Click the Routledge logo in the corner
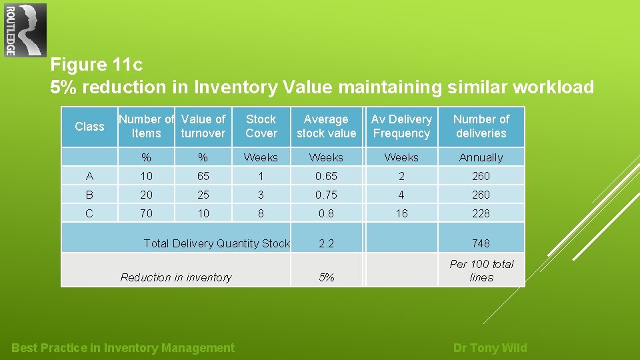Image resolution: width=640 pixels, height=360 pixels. (x=25, y=30)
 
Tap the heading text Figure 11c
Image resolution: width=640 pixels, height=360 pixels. (x=97, y=65)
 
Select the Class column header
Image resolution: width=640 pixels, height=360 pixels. (x=89, y=127)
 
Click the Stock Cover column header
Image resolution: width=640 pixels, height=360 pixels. (x=261, y=126)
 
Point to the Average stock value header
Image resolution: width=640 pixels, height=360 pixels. (x=326, y=126)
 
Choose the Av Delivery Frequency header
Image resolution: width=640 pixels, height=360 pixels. (x=401, y=126)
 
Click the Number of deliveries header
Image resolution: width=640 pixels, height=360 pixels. (x=481, y=126)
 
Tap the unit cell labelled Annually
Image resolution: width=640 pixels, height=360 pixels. (x=481, y=158)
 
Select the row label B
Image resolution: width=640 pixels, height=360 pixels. (x=89, y=195)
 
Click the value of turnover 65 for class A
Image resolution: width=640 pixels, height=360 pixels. (x=203, y=176)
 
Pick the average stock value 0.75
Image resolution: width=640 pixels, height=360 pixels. (x=326, y=195)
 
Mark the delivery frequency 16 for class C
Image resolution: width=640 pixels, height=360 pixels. (x=401, y=213)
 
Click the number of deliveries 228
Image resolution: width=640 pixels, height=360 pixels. (x=481, y=213)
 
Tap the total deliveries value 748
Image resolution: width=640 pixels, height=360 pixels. (x=481, y=243)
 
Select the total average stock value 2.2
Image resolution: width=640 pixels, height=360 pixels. (x=326, y=243)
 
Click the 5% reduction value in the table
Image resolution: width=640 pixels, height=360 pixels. (x=326, y=277)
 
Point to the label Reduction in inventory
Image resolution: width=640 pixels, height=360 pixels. (x=176, y=277)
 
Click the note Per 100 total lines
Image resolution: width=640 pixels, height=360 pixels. (x=481, y=271)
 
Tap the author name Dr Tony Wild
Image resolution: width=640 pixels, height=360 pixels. (x=489, y=348)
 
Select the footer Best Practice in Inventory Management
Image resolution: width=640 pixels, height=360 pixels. (x=123, y=348)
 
